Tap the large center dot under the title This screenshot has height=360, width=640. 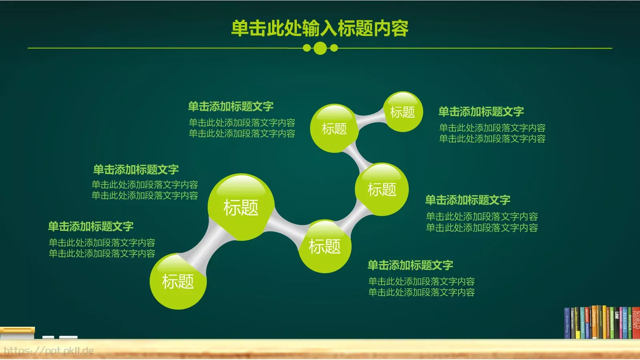click(x=320, y=48)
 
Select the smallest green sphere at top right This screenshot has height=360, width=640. click(x=403, y=112)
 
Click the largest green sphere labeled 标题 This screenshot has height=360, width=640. click(x=241, y=207)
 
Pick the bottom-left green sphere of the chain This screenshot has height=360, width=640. click(x=178, y=281)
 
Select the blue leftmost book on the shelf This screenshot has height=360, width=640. click(x=567, y=323)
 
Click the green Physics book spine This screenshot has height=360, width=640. click(x=630, y=323)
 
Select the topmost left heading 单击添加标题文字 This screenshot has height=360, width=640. click(x=231, y=106)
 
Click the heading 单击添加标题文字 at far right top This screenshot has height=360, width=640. click(x=481, y=112)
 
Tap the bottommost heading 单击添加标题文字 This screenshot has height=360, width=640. click(x=410, y=265)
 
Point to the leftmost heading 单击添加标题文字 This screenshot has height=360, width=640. click(x=91, y=226)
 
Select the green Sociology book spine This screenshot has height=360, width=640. click(x=612, y=323)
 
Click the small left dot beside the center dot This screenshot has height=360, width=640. click(x=307, y=48)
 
